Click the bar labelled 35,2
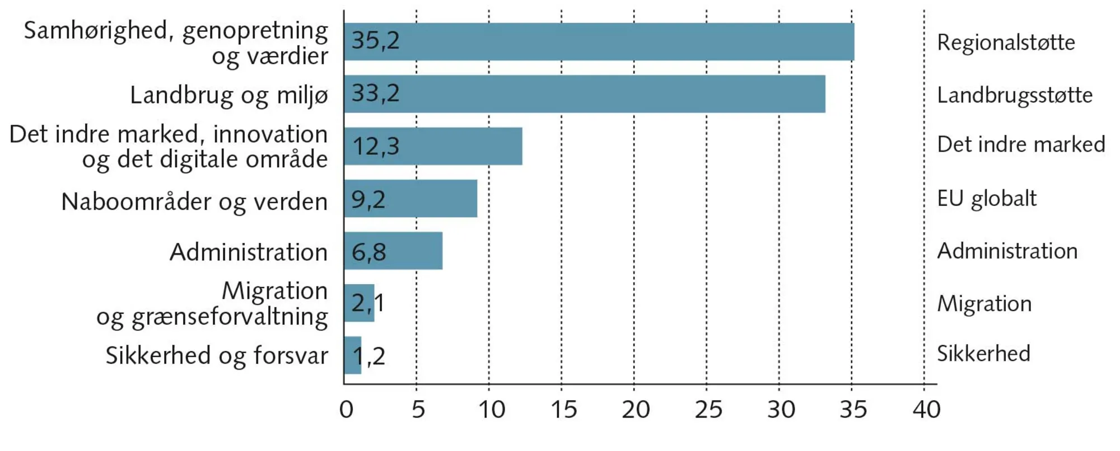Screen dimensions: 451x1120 pos(599,42)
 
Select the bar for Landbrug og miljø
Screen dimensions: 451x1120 pos(585,94)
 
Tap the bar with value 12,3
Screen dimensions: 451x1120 pos(434,146)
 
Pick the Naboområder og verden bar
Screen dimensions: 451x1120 pos(412,199)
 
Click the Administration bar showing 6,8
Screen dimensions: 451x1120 pos(394,251)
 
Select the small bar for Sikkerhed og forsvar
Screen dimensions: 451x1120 pos(353,355)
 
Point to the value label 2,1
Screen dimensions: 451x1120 pos(368,303)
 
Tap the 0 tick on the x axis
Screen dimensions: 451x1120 pos(347,410)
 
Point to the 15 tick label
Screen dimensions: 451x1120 pos(563,410)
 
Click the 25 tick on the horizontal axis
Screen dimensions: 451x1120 pos(708,410)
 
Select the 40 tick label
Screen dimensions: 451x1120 pos(926,410)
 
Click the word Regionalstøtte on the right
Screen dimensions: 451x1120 pos(1006,43)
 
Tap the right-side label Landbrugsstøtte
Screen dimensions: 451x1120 pos(1015,96)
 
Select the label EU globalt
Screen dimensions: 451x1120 pos(987,199)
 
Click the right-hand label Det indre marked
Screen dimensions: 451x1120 pos(1021,144)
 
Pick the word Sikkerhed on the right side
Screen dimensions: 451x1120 pos(983,354)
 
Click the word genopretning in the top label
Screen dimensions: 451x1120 pos(255,31)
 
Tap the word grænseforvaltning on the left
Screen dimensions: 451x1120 pos(230,317)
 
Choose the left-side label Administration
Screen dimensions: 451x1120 pos(249,252)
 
